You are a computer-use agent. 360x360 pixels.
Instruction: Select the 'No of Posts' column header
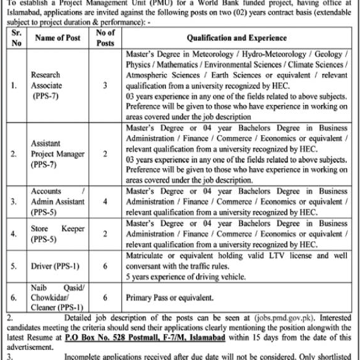[105, 38]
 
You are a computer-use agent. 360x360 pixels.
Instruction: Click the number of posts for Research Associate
[105, 83]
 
